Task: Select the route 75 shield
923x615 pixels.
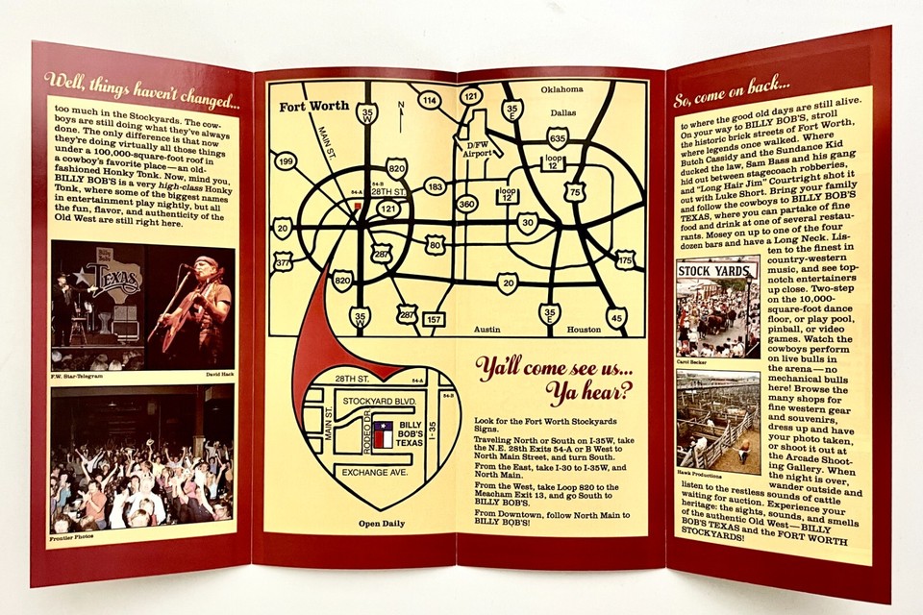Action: (575, 191)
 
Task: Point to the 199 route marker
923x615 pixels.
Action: (285, 161)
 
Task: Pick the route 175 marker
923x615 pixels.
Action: (625, 259)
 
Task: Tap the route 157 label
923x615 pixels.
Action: (435, 319)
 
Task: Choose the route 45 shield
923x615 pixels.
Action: (616, 316)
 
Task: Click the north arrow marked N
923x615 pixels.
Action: (401, 116)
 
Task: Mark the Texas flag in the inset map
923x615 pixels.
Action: (383, 435)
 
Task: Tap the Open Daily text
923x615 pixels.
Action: (381, 524)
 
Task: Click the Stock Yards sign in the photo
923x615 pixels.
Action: (717, 270)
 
